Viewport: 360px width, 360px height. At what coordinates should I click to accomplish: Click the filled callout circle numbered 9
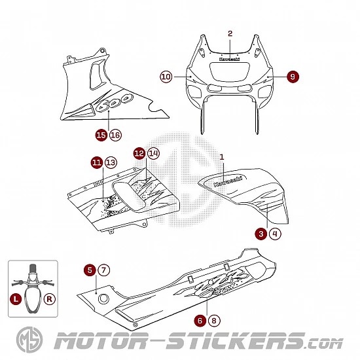pos(293,77)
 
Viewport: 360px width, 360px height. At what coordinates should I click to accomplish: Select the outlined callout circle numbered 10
pos(166,77)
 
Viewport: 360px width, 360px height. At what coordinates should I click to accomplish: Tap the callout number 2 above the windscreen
pos(230,33)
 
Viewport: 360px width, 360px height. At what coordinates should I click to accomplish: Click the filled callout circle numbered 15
pos(101,135)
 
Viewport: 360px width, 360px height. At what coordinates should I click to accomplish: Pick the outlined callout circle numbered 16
pos(115,135)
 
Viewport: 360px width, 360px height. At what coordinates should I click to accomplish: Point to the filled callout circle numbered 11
pos(97,162)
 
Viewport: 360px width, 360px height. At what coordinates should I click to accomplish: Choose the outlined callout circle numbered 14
pos(153,153)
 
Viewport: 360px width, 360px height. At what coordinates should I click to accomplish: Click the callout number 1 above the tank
pos(222,157)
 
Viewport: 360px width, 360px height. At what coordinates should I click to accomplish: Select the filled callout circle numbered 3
pos(261,234)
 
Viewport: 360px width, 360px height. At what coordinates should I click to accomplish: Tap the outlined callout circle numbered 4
pos(275,234)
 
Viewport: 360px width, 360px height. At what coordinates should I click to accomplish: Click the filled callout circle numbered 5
pos(90,270)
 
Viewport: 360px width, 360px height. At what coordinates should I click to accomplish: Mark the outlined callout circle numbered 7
pos(104,270)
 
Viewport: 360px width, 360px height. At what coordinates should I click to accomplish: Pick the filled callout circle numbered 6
pos(200,321)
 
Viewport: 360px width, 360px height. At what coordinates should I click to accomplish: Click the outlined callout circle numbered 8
pos(214,321)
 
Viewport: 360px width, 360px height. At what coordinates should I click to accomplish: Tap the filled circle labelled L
pos(16,299)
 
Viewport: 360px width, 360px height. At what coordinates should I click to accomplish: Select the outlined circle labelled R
pos(49,299)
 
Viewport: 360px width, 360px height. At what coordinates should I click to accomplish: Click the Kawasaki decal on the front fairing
pos(229,59)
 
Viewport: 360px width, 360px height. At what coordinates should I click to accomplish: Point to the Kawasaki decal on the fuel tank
pos(228,181)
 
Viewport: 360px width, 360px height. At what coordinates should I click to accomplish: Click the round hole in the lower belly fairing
pos(103,298)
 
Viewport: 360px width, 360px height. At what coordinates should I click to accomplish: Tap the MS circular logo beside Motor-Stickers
pos(29,340)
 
